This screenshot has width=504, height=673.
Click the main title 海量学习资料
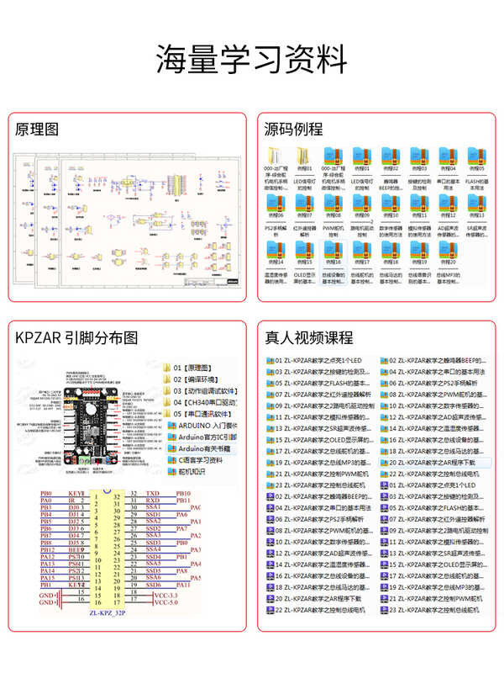pos(252,60)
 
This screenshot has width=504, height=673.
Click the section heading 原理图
pos(37,130)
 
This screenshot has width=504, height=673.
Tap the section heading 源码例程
pos(293,130)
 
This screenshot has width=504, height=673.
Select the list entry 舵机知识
pos(193,472)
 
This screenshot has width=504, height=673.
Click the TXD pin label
pos(153,494)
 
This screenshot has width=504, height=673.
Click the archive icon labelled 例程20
pos(475,250)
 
